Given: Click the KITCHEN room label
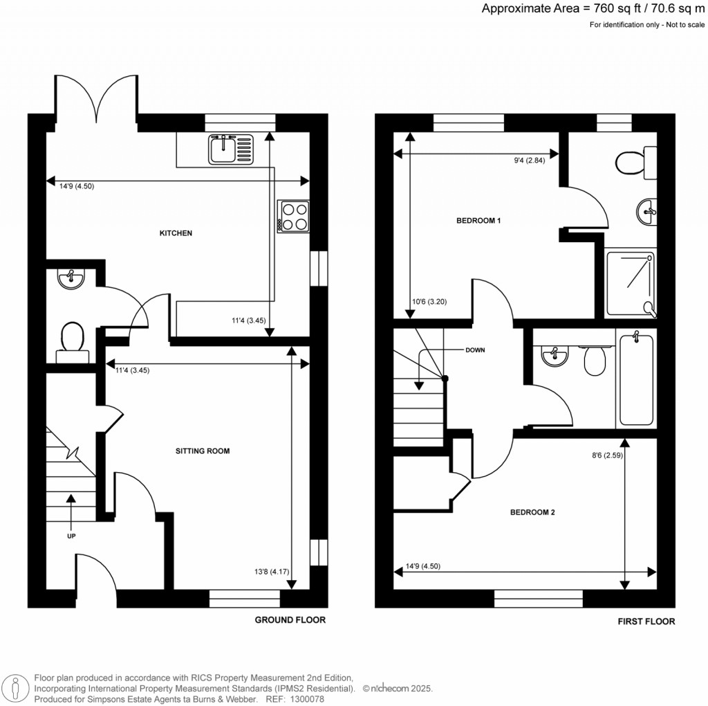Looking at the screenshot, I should pos(176,233).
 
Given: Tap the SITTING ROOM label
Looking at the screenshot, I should pos(202,451).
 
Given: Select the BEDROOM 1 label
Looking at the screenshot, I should pos(478,221).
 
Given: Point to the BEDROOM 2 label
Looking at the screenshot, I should pos(532,513).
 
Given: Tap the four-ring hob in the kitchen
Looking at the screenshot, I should pos(294,216).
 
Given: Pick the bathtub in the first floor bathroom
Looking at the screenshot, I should pos(636,379).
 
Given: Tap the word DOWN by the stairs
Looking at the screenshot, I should pos(475,350).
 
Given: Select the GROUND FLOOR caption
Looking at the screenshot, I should pos(290,620).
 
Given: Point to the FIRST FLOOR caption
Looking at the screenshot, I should pos(646,622).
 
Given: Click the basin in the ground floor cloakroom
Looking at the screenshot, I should pos(71,280).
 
